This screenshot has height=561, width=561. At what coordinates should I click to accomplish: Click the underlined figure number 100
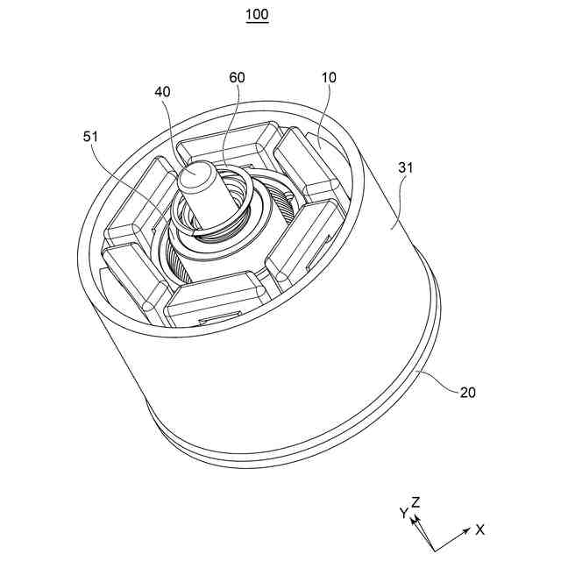(257, 15)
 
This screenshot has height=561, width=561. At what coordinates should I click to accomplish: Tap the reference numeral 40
(163, 91)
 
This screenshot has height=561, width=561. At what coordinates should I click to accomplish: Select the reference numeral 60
(237, 78)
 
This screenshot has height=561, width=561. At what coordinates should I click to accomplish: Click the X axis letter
(479, 529)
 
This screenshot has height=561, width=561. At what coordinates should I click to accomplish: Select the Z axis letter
(416, 502)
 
